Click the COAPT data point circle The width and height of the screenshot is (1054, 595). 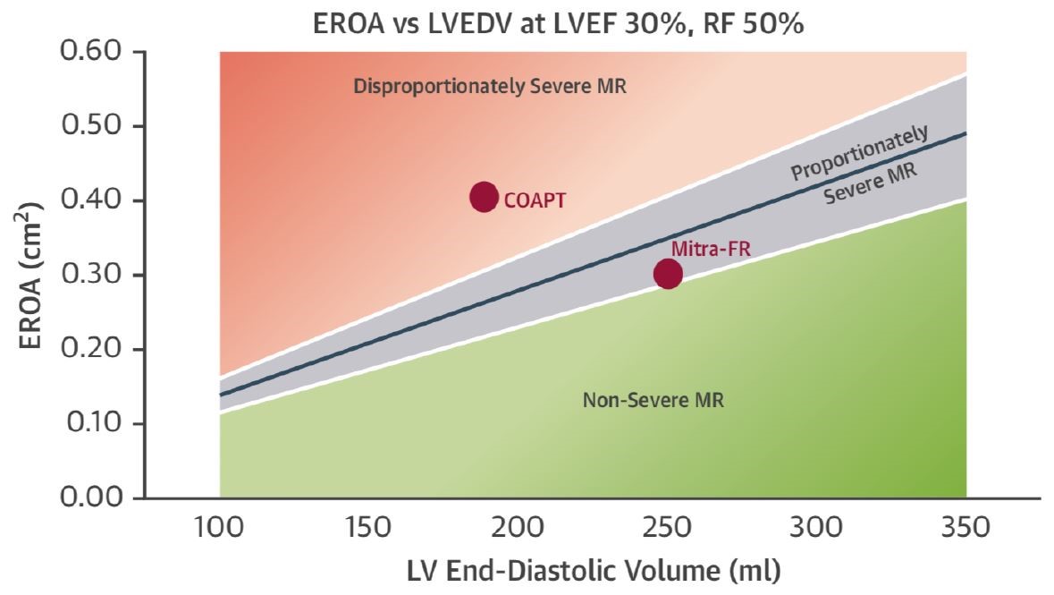(484, 197)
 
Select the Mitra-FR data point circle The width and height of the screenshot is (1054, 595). (668, 274)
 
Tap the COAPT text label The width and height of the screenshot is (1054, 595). (535, 200)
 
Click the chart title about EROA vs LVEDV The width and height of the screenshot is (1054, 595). (558, 25)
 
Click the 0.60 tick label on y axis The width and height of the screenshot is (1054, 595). (90, 52)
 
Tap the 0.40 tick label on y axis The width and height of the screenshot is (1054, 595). (90, 200)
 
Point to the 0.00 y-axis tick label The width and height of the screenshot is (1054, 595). (90, 497)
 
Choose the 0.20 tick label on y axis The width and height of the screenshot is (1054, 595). (90, 349)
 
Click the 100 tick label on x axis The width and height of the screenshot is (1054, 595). (220, 527)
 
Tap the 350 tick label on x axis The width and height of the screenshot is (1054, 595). (966, 527)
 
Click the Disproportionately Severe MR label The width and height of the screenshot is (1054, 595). (491, 87)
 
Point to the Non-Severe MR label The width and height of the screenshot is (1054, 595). (653, 400)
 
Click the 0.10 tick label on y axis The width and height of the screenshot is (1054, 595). (90, 423)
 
